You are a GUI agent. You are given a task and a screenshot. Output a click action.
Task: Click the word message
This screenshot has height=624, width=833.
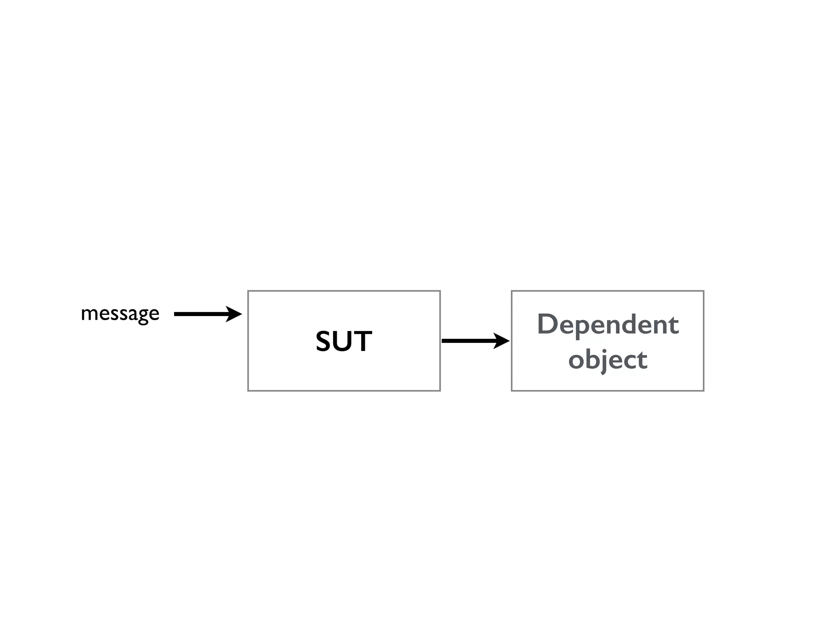(x=120, y=314)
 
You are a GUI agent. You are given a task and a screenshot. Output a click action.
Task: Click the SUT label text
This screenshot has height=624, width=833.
(x=344, y=341)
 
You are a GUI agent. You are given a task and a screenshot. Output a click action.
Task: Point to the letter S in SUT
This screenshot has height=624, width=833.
(x=325, y=341)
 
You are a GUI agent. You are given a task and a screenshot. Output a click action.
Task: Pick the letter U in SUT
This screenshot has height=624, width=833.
(x=343, y=342)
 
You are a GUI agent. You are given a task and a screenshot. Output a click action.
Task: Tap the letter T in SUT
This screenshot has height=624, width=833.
(x=363, y=341)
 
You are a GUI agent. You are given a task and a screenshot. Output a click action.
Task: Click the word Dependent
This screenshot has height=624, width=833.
(x=608, y=325)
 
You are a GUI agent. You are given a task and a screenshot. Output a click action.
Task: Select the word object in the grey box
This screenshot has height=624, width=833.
(x=608, y=360)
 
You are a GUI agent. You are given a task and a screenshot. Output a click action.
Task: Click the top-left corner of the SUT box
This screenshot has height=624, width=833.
(x=248, y=291)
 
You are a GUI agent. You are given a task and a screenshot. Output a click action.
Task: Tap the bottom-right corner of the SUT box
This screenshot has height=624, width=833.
(x=440, y=391)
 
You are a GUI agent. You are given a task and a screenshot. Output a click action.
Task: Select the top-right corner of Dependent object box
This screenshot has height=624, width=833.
(x=704, y=291)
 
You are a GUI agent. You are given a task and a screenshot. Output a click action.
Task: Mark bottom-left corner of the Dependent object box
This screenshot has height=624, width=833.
(x=512, y=391)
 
